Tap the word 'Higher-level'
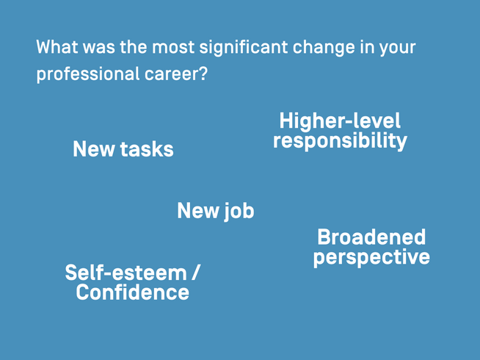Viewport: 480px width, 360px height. (x=340, y=121)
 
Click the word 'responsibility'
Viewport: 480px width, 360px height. (x=340, y=140)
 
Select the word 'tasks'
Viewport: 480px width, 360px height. (x=147, y=150)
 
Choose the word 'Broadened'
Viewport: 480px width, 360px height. (x=371, y=237)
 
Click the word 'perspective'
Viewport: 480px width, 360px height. (x=371, y=257)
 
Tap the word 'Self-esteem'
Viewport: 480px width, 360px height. (x=126, y=273)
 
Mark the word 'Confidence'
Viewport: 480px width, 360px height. (x=132, y=292)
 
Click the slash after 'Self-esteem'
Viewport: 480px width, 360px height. (x=195, y=273)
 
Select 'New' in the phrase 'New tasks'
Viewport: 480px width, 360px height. (x=94, y=150)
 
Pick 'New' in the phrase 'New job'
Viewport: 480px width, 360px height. (x=198, y=212)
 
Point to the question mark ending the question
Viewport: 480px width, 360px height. (x=203, y=75)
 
